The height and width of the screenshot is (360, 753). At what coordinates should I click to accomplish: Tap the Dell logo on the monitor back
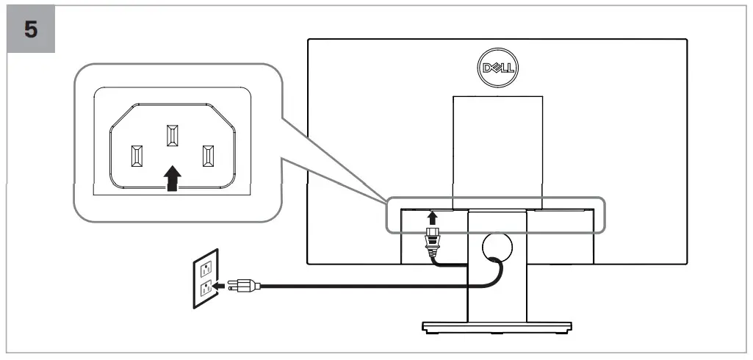pos(497,69)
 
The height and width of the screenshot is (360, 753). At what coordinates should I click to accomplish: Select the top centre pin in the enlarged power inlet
pos(172,137)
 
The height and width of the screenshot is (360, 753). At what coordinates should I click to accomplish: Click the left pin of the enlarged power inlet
pos(137,156)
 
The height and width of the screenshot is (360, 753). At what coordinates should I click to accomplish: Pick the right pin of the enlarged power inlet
pos(207,156)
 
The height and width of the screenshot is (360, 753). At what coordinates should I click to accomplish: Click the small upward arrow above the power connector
pos(433,218)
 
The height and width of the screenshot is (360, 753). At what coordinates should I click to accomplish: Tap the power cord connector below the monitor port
pos(433,240)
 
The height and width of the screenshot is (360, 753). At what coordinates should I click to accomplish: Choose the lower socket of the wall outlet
pos(206,288)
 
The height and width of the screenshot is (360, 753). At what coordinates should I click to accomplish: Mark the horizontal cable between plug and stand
pos(353,287)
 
